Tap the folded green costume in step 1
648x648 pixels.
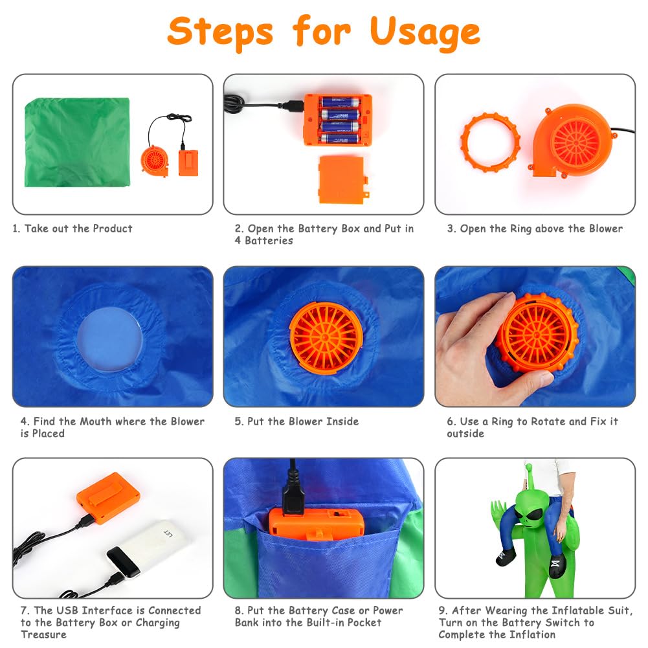point(77,142)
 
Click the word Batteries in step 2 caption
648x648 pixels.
point(269,241)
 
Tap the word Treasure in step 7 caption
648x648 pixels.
point(43,634)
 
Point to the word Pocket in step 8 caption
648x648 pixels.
point(364,622)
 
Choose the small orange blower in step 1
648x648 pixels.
point(155,161)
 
